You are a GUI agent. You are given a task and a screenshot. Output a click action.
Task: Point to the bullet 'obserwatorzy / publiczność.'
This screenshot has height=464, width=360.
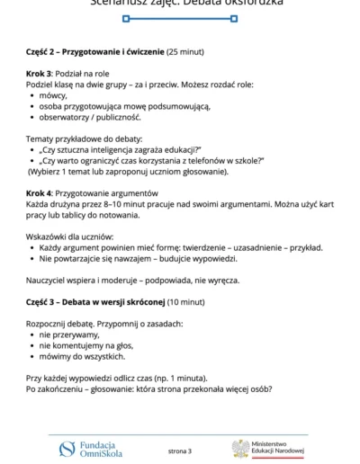coord(90,117)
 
